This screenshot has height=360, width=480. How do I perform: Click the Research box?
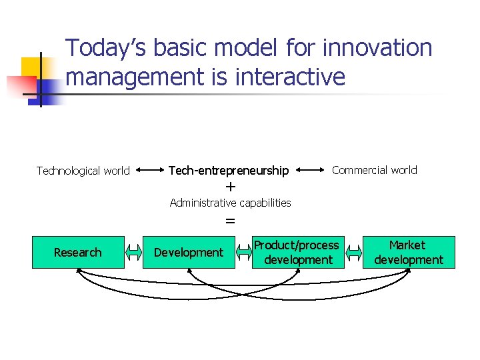coord(78,252)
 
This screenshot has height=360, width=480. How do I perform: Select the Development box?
coord(189,252)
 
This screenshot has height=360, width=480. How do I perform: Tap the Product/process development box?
coord(296,252)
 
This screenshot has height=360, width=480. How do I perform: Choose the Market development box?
coord(408,252)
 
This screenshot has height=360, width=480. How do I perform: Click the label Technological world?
coord(83,171)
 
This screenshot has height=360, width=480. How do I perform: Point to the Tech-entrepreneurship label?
coord(229,171)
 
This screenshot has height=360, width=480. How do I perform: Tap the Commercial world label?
coord(375,170)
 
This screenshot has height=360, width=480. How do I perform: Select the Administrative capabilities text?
coord(230,203)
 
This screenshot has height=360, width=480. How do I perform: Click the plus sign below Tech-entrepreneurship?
coord(231,187)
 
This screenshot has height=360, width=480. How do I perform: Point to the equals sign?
coord(230,220)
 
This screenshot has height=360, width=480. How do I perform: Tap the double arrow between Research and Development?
coord(134,252)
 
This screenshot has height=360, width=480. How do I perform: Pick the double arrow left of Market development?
coord(353,252)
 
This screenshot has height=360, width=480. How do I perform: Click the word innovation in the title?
coord(377,48)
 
